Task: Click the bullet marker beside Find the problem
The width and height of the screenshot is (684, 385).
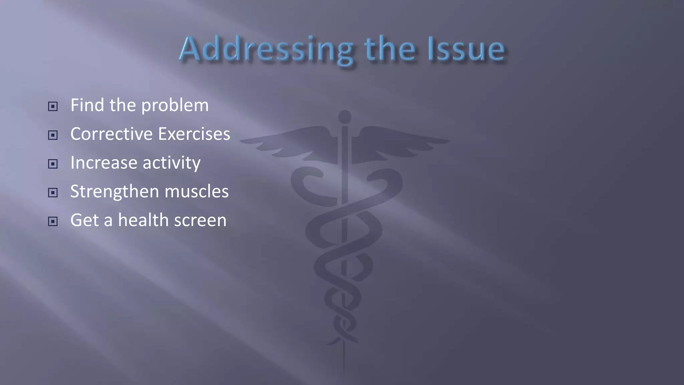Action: tap(53, 107)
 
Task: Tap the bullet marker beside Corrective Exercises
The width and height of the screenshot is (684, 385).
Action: tap(53, 135)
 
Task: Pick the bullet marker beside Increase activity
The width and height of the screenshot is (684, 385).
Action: tap(53, 164)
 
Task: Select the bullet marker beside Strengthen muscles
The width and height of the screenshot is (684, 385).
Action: tap(53, 192)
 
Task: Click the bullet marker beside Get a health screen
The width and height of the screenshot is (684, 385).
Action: tap(53, 221)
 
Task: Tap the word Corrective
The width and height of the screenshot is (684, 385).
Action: tap(112, 134)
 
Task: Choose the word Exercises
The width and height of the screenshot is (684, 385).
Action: tap(194, 134)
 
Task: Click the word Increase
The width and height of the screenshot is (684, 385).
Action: tap(104, 163)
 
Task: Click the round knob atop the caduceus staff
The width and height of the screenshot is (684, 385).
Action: tap(345, 117)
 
